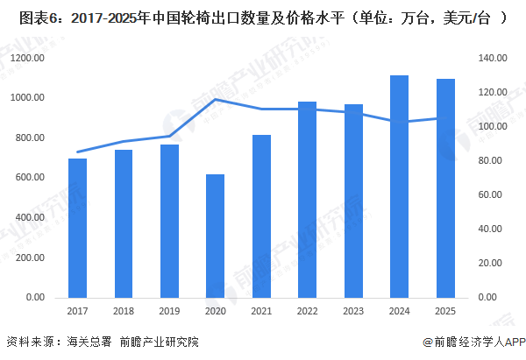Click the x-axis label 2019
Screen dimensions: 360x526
(x=168, y=310)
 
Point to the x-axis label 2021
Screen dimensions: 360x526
(x=261, y=310)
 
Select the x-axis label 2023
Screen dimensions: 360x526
(x=353, y=310)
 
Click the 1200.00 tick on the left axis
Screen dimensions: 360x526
(x=29, y=58)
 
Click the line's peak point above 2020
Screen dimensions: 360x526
(x=215, y=99)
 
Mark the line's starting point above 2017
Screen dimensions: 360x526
(x=76, y=152)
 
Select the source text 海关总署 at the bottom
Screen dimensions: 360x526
(x=89, y=342)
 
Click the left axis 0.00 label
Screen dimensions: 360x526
(x=36, y=297)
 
